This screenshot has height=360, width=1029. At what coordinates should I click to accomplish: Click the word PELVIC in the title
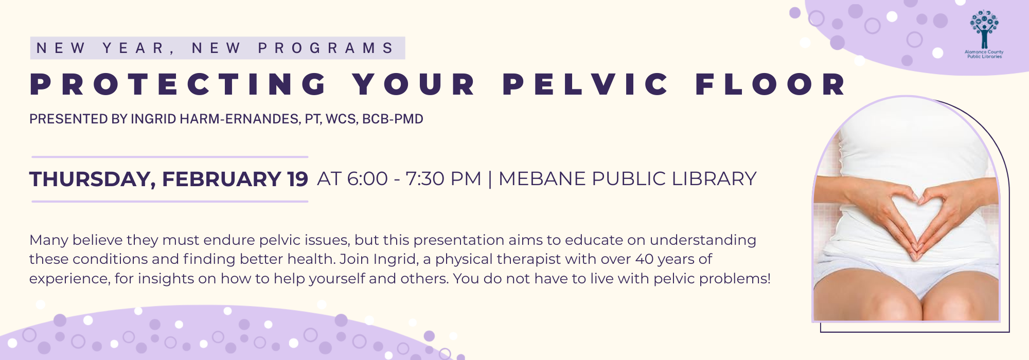pyautogui.click(x=586, y=84)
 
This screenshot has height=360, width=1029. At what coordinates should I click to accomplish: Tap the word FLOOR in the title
pyautogui.click(x=771, y=84)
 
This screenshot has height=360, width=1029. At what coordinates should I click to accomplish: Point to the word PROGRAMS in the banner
pyautogui.click(x=326, y=48)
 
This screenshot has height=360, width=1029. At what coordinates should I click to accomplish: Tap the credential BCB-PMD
pyautogui.click(x=393, y=119)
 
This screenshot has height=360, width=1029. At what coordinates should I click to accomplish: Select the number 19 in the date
pyautogui.click(x=297, y=179)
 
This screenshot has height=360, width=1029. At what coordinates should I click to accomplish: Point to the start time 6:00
pyautogui.click(x=367, y=179)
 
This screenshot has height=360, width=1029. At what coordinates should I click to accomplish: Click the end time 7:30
pyautogui.click(x=424, y=179)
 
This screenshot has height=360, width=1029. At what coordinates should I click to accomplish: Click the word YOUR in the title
pyautogui.click(x=415, y=84)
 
